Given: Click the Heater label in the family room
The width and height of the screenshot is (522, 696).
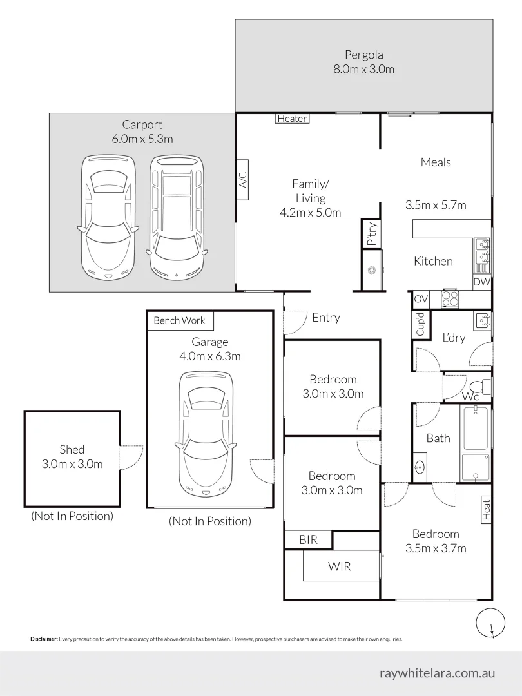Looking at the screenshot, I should pyautogui.click(x=293, y=119).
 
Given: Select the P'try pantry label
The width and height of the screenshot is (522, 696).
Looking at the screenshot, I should pyautogui.click(x=371, y=233).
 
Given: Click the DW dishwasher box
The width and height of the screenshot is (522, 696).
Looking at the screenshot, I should pyautogui.click(x=481, y=282).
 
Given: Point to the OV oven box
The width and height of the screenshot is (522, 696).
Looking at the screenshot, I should pyautogui.click(x=420, y=299).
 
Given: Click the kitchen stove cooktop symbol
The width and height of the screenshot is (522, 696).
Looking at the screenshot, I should pyautogui.click(x=450, y=298).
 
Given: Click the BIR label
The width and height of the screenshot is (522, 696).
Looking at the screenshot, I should pyautogui.click(x=309, y=540).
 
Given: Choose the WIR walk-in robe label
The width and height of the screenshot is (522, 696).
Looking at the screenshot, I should pyautogui.click(x=339, y=566).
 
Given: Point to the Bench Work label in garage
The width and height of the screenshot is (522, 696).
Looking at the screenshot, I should pyautogui.click(x=180, y=320).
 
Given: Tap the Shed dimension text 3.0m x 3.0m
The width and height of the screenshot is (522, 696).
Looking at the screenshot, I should pyautogui.click(x=72, y=464).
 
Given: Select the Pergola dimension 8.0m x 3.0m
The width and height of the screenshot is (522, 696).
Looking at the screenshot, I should pyautogui.click(x=363, y=69).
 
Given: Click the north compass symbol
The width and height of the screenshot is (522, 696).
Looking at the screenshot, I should pyautogui.click(x=490, y=624).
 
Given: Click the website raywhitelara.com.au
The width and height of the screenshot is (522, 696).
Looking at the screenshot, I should pyautogui.click(x=438, y=673).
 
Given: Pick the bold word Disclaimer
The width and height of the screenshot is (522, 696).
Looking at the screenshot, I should pyautogui.click(x=44, y=639).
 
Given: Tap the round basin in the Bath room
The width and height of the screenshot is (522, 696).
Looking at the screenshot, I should pyautogui.click(x=420, y=467).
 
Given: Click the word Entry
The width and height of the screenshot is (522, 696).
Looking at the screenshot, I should pyautogui.click(x=326, y=318).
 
